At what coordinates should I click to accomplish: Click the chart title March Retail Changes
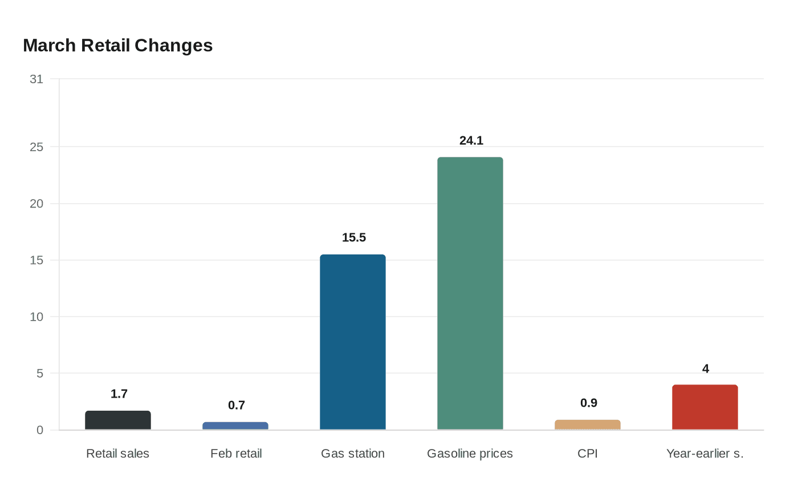(x=117, y=46)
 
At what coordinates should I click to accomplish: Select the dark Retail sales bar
(x=118, y=420)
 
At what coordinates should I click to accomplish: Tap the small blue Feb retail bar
(x=235, y=426)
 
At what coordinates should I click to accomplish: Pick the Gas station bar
(x=353, y=342)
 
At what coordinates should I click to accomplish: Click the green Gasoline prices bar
(x=470, y=294)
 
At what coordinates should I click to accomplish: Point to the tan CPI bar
(x=588, y=425)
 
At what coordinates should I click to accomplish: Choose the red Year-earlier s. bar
(x=705, y=407)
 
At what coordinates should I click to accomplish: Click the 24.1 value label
(x=471, y=140)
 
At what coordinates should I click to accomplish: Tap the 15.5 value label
(x=354, y=237)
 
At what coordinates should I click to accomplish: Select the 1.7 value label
(x=119, y=394)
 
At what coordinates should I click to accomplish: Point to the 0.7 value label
(x=237, y=405)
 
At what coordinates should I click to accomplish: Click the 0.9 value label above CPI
(x=589, y=403)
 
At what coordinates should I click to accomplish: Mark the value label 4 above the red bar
(x=706, y=369)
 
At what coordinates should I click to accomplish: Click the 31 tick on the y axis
(x=36, y=79)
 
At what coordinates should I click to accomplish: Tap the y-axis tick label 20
(x=36, y=204)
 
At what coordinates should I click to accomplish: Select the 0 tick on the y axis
(x=40, y=430)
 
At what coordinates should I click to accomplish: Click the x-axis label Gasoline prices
(x=470, y=454)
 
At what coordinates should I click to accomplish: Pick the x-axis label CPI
(x=588, y=454)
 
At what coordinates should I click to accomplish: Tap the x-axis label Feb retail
(x=236, y=454)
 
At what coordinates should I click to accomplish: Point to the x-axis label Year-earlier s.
(x=705, y=454)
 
